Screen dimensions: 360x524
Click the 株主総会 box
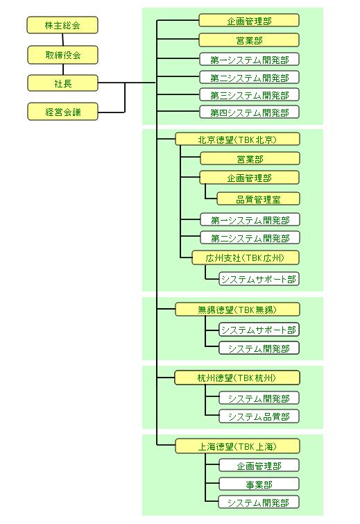(x=62, y=26)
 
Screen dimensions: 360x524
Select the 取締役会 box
(x=62, y=55)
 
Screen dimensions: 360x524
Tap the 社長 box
(x=62, y=83)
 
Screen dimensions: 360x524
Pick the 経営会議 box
(x=62, y=112)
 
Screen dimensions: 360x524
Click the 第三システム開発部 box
(x=250, y=95)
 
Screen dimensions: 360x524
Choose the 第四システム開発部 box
(x=250, y=112)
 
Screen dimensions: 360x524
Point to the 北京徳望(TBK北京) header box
(x=237, y=140)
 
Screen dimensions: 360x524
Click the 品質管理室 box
(x=259, y=199)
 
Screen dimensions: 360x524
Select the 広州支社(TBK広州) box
(x=246, y=258)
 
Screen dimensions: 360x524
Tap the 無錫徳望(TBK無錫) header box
(x=237, y=310)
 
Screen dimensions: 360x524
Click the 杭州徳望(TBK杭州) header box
(x=237, y=378)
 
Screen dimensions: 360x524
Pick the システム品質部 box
(x=259, y=416)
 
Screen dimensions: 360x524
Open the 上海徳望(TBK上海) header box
(x=237, y=446)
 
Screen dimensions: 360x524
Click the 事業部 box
(x=259, y=484)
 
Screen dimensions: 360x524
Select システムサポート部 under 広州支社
(x=259, y=279)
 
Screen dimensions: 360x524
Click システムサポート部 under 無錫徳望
(x=259, y=330)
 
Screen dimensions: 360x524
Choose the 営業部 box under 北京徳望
(x=250, y=159)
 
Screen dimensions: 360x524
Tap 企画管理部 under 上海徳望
(x=259, y=466)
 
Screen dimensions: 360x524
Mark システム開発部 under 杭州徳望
(x=259, y=398)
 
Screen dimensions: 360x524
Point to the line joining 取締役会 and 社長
(x=63, y=69)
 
